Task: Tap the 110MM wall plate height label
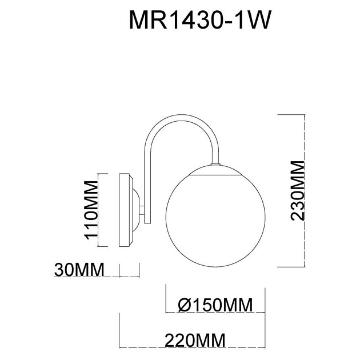click(91, 209)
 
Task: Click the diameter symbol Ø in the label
click(185, 306)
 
